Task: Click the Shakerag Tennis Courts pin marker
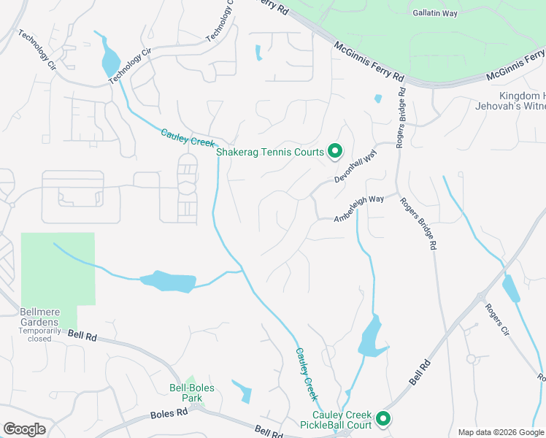coord(335,151)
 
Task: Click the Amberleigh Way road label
coord(359,208)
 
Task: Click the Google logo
coord(24,429)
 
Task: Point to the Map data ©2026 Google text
coord(501,432)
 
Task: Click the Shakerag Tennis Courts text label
coord(269,152)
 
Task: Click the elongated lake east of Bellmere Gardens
coord(168,281)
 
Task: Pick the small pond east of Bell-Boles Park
coord(242,391)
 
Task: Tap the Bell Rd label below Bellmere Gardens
coord(82,335)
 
